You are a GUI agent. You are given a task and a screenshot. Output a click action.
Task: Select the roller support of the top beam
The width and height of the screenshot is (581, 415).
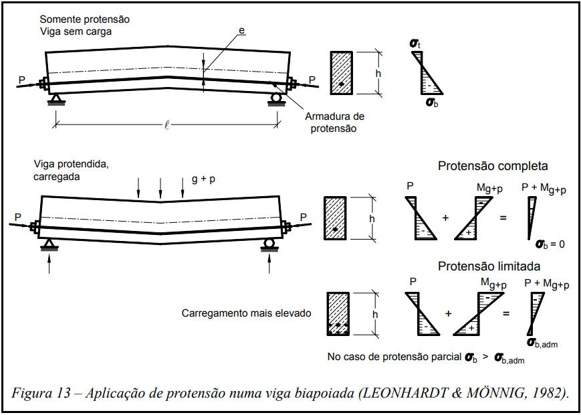tap(275, 98)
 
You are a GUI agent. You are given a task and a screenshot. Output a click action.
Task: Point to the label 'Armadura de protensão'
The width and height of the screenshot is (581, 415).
tap(335, 122)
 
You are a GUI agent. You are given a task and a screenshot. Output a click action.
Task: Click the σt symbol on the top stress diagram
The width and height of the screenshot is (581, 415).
tap(415, 45)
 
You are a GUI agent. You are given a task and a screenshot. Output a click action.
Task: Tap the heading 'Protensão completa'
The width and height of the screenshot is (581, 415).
tap(493, 166)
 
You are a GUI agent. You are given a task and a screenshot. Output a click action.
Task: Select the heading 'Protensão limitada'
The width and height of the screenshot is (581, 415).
tap(489, 266)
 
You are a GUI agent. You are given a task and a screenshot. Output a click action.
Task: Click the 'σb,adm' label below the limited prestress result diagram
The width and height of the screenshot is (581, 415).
tap(542, 343)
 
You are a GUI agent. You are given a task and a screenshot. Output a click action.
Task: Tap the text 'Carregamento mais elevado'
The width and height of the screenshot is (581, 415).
tap(246, 313)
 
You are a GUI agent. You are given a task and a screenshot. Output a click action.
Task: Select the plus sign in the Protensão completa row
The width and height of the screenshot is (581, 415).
tap(445, 218)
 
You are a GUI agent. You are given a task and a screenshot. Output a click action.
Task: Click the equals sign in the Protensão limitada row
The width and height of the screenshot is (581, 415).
tap(506, 313)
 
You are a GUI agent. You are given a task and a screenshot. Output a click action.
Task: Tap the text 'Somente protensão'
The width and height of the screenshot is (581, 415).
tap(84, 19)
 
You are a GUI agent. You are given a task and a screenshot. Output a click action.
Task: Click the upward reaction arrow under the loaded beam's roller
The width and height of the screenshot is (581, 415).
tap(269, 264)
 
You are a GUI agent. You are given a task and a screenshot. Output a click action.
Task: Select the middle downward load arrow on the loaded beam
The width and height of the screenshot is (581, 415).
tap(160, 187)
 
